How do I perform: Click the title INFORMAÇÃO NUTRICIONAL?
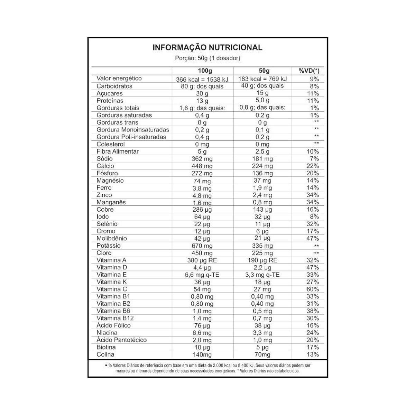click(207, 47)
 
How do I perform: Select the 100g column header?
click(203, 71)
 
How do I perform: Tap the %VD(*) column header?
click(309, 71)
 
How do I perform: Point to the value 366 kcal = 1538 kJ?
click(203, 79)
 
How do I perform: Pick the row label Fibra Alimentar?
click(118, 151)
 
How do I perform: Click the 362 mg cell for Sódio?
click(202, 159)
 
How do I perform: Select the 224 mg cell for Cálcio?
click(262, 166)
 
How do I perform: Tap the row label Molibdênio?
click(112, 239)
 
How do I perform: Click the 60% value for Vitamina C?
click(312, 289)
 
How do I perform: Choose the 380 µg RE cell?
click(202, 260)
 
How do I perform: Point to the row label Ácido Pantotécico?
click(122, 340)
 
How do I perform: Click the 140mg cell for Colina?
click(202, 355)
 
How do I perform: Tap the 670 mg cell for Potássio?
click(202, 246)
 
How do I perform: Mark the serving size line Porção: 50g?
click(207, 58)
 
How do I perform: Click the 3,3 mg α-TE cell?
click(262, 275)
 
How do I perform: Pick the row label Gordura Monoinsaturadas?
click(133, 130)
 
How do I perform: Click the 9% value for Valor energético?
click(314, 79)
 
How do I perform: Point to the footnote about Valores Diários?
click(207, 368)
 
